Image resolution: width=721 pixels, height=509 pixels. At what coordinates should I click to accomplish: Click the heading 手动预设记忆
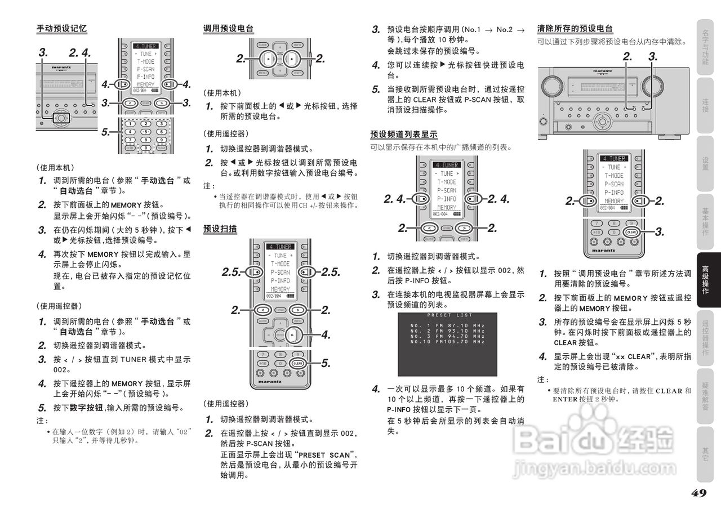tap(61, 28)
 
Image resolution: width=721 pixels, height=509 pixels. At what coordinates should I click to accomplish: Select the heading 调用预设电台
tap(228, 28)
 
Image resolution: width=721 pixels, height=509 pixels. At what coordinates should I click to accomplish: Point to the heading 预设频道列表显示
tap(403, 134)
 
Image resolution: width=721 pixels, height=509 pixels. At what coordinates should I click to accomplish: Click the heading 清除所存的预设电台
tap(575, 28)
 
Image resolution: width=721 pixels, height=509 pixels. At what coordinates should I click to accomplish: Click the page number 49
tap(698, 493)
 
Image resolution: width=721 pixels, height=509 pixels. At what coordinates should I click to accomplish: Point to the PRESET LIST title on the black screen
tap(449, 315)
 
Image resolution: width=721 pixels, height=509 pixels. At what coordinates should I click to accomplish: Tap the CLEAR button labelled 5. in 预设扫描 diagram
tap(298, 364)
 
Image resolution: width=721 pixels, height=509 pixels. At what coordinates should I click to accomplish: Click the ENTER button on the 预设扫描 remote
tap(280, 335)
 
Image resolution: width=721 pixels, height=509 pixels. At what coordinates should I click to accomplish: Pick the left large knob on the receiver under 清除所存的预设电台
tap(550, 87)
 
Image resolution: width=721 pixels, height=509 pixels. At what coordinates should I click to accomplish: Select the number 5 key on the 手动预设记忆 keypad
tap(146, 133)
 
